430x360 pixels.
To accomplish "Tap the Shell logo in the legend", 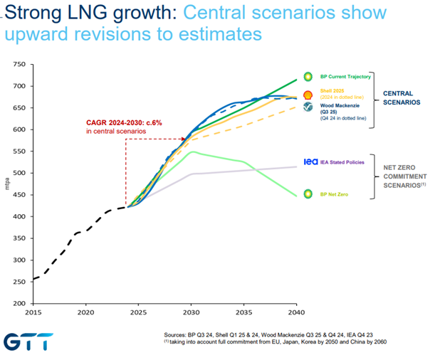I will click(x=308, y=95).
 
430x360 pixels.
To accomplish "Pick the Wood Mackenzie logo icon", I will click(x=308, y=107).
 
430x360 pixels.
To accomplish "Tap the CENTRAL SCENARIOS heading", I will click(x=403, y=97).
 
